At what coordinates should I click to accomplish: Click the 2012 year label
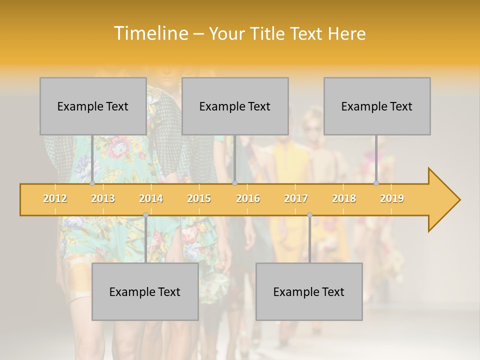[x=55, y=198]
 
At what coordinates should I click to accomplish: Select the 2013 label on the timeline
[x=103, y=198]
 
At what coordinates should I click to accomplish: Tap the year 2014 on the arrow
[x=151, y=198]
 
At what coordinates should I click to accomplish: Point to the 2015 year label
[x=199, y=198]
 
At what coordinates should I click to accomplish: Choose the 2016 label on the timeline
[x=248, y=198]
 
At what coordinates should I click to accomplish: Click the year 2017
[x=296, y=198]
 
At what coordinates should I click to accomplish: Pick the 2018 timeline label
[x=344, y=198]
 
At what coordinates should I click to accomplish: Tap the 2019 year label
[x=392, y=198]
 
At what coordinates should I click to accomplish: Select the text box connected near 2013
[x=93, y=106]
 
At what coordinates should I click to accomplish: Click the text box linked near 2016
[x=235, y=106]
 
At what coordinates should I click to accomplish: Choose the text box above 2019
[x=377, y=106]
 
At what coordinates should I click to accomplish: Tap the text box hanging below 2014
[x=145, y=291]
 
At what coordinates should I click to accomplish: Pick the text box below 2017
[x=309, y=291]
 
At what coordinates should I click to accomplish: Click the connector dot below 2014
[x=145, y=214]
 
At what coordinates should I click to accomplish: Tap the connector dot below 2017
[x=309, y=214]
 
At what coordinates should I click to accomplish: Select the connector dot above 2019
[x=376, y=183]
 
